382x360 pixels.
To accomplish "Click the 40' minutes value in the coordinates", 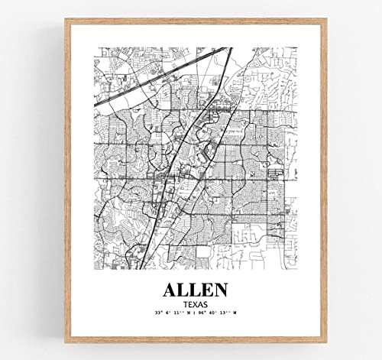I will pyautogui.click(x=214, y=313).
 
